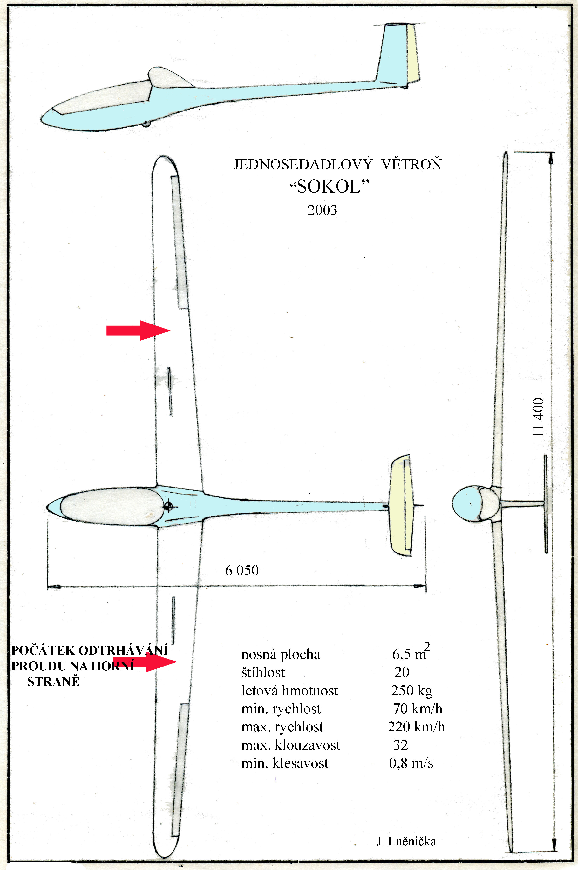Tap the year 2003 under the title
click(322, 210)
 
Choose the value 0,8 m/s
click(411, 763)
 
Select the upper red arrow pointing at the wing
click(138, 330)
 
